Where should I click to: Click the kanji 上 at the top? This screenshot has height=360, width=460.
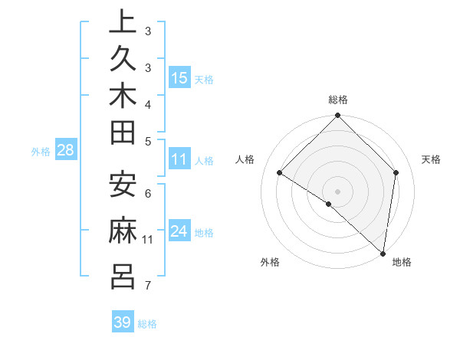click(x=123, y=23)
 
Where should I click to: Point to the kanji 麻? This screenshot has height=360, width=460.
click(x=123, y=231)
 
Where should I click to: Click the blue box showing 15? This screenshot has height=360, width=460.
click(x=179, y=78)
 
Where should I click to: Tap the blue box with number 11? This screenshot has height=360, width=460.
click(x=179, y=160)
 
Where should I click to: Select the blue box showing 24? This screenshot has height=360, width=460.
click(x=179, y=232)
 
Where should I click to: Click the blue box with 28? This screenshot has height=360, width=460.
click(x=66, y=151)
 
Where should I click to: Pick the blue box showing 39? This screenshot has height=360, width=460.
click(x=123, y=322)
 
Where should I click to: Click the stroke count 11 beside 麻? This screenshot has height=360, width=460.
click(x=148, y=240)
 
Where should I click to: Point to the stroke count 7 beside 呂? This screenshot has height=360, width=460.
click(x=148, y=286)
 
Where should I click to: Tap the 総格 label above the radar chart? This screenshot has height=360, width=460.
click(x=338, y=100)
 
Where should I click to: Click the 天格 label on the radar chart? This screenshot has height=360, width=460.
click(x=432, y=159)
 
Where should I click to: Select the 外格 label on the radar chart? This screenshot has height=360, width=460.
click(x=270, y=262)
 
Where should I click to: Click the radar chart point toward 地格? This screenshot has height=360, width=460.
click(x=383, y=253)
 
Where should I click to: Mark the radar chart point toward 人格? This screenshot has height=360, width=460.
click(x=280, y=173)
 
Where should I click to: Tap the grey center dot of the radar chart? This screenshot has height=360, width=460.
click(x=337, y=191)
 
